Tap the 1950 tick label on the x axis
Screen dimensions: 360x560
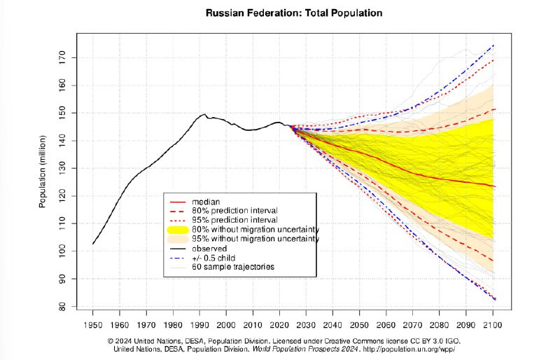coord(93,326)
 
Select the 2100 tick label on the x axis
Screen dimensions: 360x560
coord(493,326)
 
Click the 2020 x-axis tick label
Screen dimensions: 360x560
coord(279,326)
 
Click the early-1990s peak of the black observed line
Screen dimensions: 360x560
coord(204,114)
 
